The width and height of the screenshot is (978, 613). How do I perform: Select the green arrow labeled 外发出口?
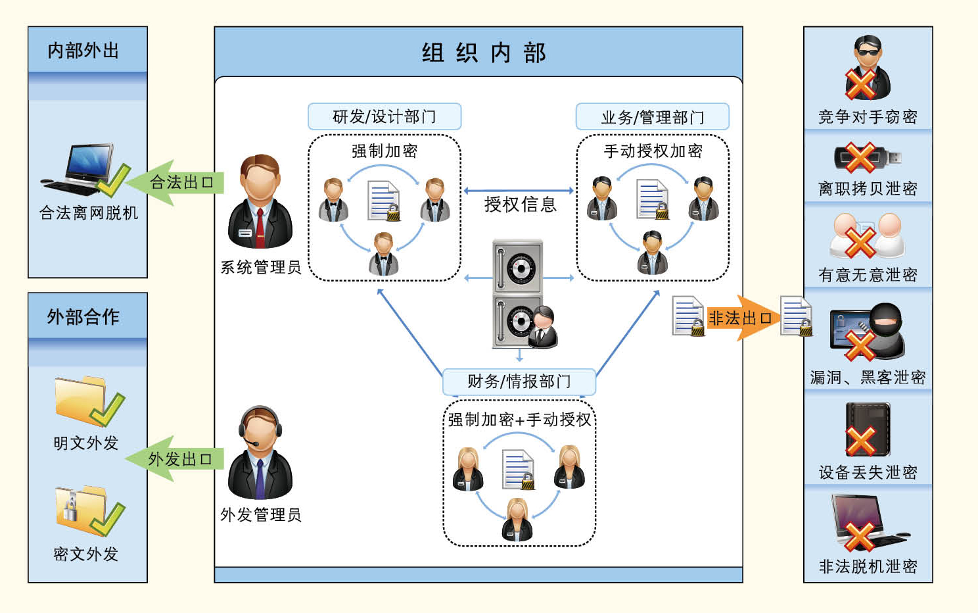tap(176, 458)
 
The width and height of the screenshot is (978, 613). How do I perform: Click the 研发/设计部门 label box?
tap(384, 117)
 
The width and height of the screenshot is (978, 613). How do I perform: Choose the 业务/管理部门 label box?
tap(652, 117)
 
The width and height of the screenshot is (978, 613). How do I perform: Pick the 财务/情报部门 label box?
tap(519, 381)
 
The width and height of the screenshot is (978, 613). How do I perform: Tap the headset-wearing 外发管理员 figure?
tap(260, 454)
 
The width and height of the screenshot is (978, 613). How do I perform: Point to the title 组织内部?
tap(483, 53)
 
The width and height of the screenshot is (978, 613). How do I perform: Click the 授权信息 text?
tap(520, 205)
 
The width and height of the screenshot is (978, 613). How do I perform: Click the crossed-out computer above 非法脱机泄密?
tap(868, 523)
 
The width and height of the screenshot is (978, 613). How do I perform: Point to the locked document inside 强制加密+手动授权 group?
tap(519, 469)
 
